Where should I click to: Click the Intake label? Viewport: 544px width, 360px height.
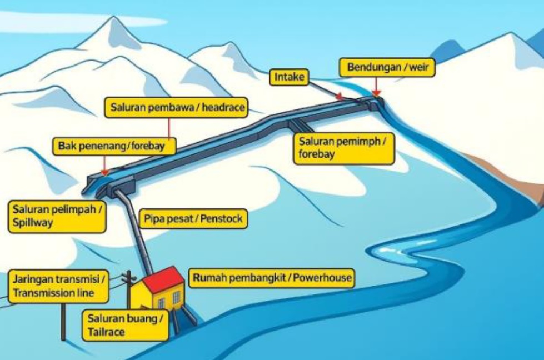[x=289, y=77]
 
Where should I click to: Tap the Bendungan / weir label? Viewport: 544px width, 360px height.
[x=387, y=67]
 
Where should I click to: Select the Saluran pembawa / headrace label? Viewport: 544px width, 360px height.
[x=177, y=108]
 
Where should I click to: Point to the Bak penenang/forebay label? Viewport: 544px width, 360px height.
[x=114, y=146]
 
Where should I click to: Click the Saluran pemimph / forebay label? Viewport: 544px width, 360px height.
[x=343, y=148]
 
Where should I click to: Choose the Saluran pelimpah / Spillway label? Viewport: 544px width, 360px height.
[x=57, y=217]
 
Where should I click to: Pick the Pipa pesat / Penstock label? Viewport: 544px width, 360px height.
[x=193, y=219]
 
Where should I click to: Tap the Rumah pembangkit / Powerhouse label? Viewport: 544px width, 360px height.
[x=272, y=278]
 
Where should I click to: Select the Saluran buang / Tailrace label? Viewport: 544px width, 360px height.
[x=126, y=326]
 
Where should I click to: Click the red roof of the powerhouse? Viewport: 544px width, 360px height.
[x=163, y=279]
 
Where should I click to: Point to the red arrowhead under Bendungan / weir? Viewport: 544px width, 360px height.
[x=376, y=93]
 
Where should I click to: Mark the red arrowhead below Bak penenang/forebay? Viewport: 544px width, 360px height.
[x=104, y=172]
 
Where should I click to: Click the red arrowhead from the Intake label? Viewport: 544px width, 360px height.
[x=340, y=96]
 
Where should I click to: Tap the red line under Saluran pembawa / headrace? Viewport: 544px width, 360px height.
[x=169, y=128]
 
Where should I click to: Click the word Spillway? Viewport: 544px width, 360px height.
[x=33, y=223]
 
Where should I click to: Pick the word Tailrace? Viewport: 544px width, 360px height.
[x=106, y=332]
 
